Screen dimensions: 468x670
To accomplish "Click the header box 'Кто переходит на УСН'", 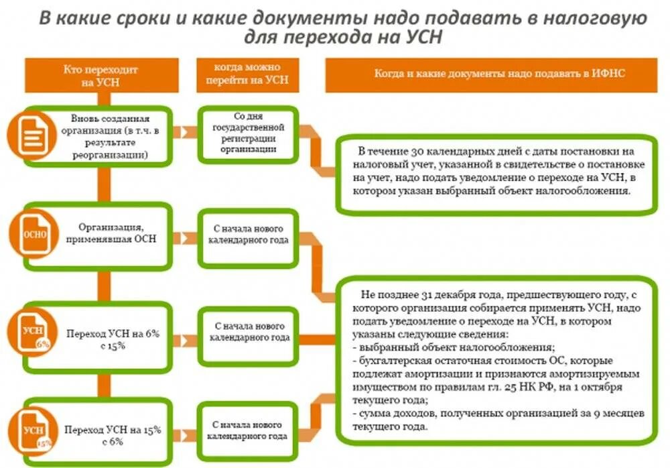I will pos(100,74).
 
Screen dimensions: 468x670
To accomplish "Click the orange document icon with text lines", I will pos(30,135).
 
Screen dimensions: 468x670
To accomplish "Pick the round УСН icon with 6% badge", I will pos(32,334).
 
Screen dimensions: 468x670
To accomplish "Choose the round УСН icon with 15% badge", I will pos(32,429).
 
